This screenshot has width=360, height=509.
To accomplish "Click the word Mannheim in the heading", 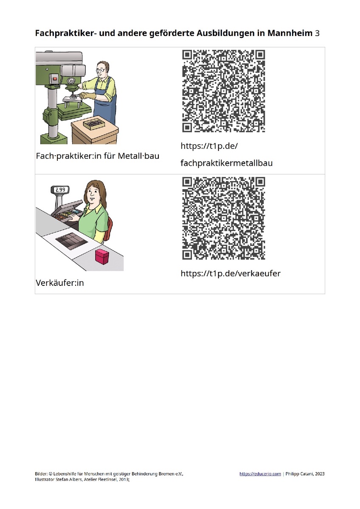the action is point(290,33).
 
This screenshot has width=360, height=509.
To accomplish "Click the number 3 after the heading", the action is point(317,34).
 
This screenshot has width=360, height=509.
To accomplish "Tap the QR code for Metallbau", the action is point(224,91).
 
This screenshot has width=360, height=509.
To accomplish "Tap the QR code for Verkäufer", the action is point(224,218).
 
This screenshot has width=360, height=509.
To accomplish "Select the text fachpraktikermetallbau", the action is point(227,163).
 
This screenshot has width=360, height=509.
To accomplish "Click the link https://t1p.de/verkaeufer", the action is point(231,273).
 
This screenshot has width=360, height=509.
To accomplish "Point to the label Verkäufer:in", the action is point(60,283).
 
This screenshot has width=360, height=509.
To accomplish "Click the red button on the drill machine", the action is point(55,79).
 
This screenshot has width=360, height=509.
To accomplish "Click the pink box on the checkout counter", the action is point(102,257).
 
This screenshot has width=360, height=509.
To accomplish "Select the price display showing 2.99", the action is point(60,190).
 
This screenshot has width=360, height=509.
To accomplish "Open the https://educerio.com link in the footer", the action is point(260,474).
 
